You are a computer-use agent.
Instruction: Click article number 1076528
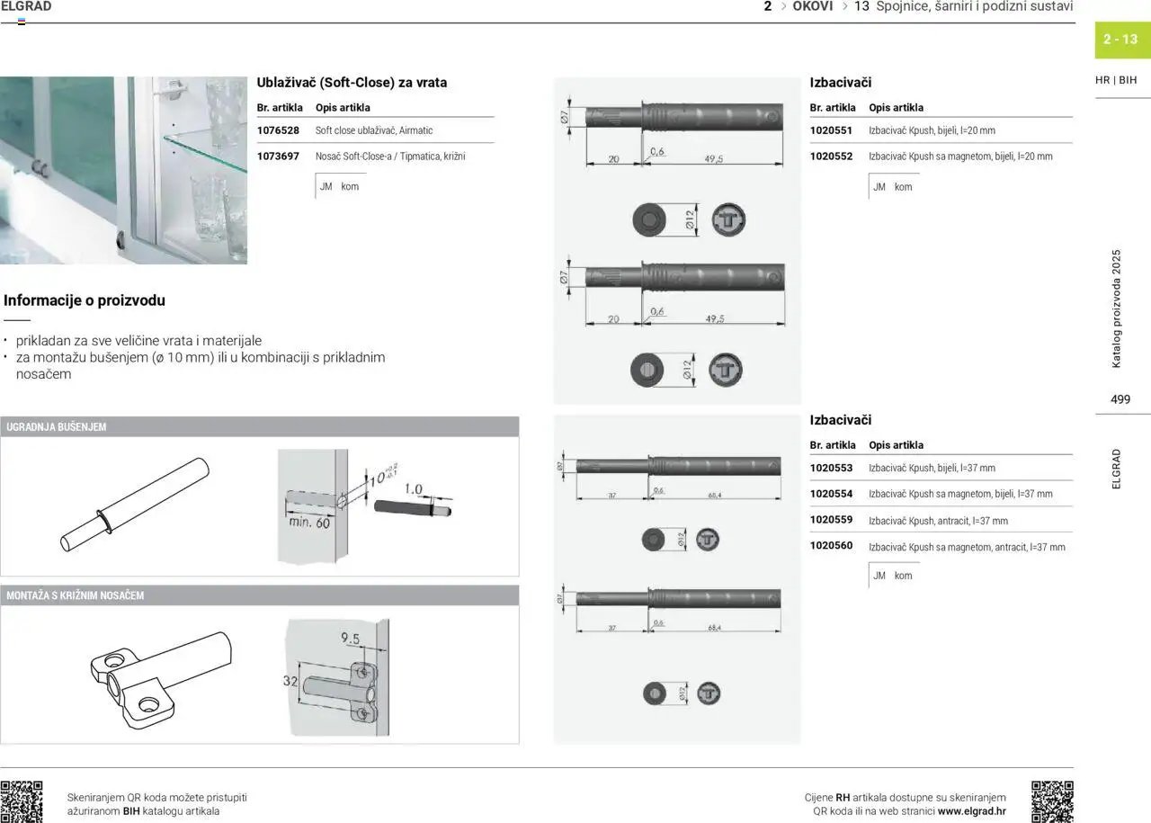pos(278,130)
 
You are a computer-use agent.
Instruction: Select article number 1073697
pos(278,157)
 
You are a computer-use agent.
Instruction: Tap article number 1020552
pos(831,157)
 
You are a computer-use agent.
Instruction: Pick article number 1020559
pos(831,521)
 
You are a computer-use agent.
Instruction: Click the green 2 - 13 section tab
pos(1120,40)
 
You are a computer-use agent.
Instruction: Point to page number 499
pos(1120,399)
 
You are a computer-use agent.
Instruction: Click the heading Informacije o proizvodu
pos(85,300)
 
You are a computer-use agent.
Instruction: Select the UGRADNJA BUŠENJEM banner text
pos(57,427)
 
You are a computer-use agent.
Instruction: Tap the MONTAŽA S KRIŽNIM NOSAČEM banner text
pos(76,595)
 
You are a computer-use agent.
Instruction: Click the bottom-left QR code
pos(22,801)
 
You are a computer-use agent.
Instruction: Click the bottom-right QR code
pos(1052,801)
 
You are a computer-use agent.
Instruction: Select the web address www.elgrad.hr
pos(972,811)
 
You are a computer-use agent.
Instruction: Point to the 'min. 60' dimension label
pos(309,523)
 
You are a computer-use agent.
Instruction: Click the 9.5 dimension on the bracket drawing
pos(351,640)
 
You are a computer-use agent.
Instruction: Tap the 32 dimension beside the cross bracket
pos(290,682)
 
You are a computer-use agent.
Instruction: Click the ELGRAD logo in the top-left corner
pos(27,7)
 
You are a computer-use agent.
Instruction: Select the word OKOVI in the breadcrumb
pos(813,6)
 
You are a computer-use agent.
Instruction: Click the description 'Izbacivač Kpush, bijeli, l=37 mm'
pos(932,469)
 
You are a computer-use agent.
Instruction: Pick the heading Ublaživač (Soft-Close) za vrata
pos(352,83)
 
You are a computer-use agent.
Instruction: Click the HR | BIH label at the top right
pos(1116,80)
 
